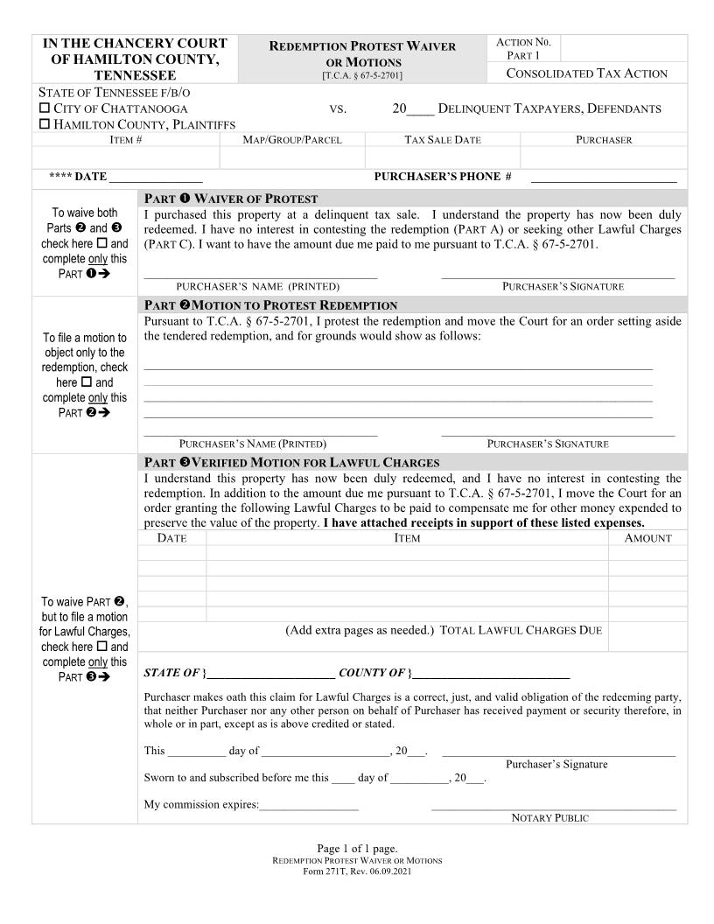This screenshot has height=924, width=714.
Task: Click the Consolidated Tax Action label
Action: coord(586,73)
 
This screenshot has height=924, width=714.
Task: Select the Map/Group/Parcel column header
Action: coord(292,139)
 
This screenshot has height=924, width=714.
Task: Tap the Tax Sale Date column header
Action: coord(442,139)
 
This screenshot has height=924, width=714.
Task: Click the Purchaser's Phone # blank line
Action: coord(603,178)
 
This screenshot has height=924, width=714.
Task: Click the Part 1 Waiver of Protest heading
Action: coord(231,199)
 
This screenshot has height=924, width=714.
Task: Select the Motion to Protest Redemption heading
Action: coord(271,305)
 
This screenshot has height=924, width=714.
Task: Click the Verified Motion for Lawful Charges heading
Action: coord(292,462)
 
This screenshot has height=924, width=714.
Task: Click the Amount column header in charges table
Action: coord(647,538)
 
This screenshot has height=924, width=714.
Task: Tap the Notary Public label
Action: coord(549,818)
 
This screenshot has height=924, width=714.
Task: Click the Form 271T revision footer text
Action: coord(357,871)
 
